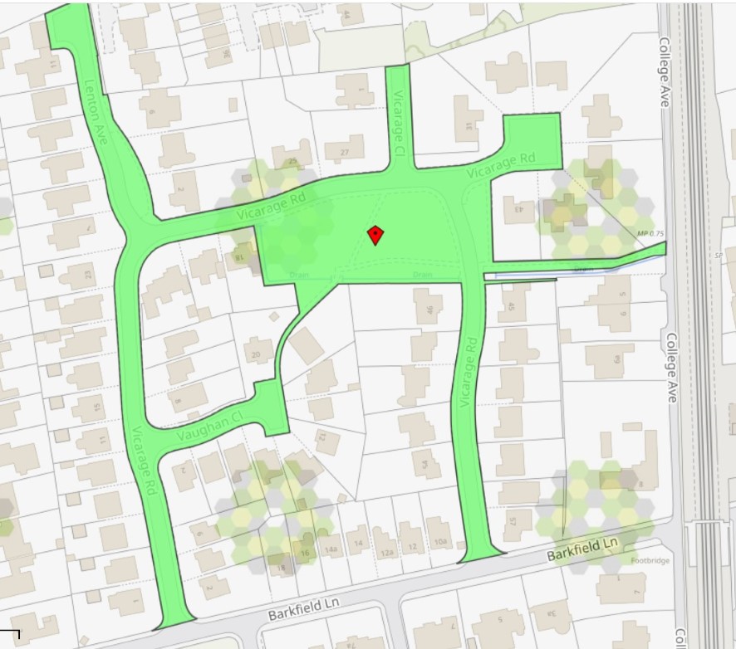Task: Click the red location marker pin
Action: [375, 236]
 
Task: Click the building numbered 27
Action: [345, 151]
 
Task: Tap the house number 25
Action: [292, 161]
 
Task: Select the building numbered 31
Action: [469, 125]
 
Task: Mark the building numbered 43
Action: [518, 210]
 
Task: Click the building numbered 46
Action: [429, 311]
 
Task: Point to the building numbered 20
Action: [257, 355]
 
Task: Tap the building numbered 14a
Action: [332, 549]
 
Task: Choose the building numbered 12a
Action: [385, 553]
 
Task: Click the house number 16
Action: [305, 552]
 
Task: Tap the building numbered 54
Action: [426, 463]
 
